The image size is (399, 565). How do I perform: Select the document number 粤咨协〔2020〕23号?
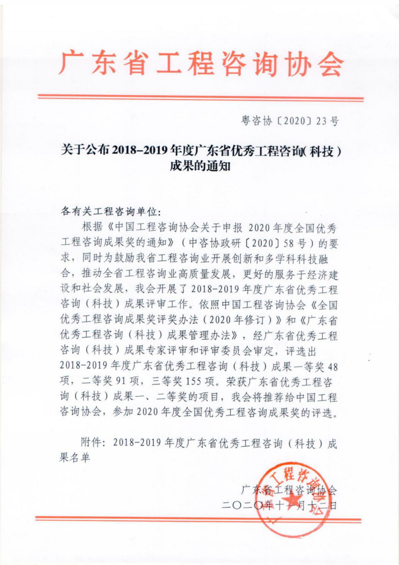(290, 122)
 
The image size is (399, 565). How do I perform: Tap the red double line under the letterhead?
(200, 98)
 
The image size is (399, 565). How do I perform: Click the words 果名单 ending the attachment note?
(77, 458)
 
